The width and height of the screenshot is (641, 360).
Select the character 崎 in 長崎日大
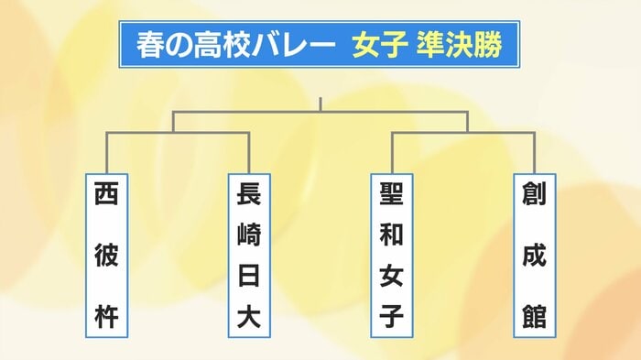[x=248, y=235]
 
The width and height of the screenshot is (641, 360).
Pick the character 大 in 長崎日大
[x=248, y=317]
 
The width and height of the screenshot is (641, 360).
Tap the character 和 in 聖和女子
[x=392, y=235]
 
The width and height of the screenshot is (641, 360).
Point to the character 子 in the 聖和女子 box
[x=392, y=317]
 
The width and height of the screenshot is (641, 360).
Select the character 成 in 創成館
[x=535, y=256]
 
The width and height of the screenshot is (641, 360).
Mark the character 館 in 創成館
[x=535, y=317]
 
